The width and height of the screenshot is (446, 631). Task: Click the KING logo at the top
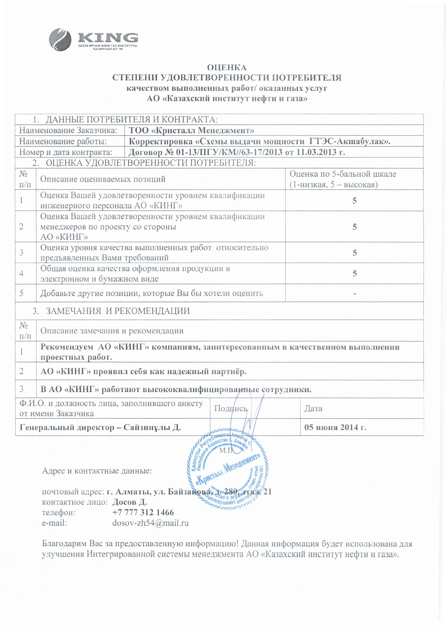point(94,39)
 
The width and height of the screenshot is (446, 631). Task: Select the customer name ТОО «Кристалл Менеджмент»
point(192,131)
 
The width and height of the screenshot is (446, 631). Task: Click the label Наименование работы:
point(63,141)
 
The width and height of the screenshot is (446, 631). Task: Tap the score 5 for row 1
point(354,201)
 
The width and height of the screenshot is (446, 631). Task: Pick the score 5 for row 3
point(354,253)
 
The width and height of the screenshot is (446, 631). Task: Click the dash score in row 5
point(354,293)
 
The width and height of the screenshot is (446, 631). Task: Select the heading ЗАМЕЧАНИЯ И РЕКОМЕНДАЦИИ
point(118,311)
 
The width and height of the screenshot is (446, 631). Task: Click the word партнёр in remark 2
point(229,372)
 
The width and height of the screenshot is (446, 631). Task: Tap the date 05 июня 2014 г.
point(335,427)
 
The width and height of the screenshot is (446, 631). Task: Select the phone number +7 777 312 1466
point(143,512)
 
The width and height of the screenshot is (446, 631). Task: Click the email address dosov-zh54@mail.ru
point(150,523)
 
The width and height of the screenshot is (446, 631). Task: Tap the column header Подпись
point(230,409)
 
